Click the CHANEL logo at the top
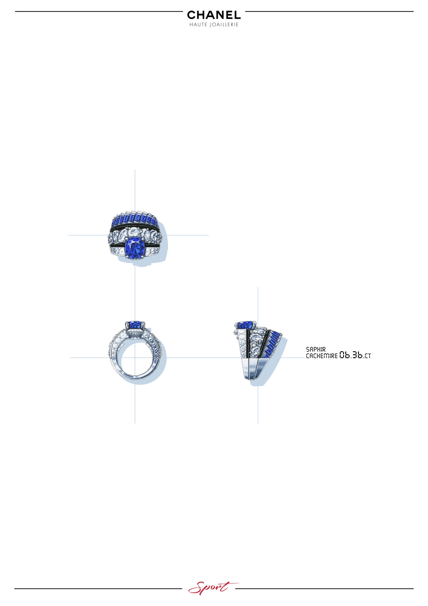[x=214, y=15]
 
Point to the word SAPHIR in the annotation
[x=316, y=349]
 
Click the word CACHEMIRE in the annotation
[x=322, y=356]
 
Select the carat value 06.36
[x=351, y=355]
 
